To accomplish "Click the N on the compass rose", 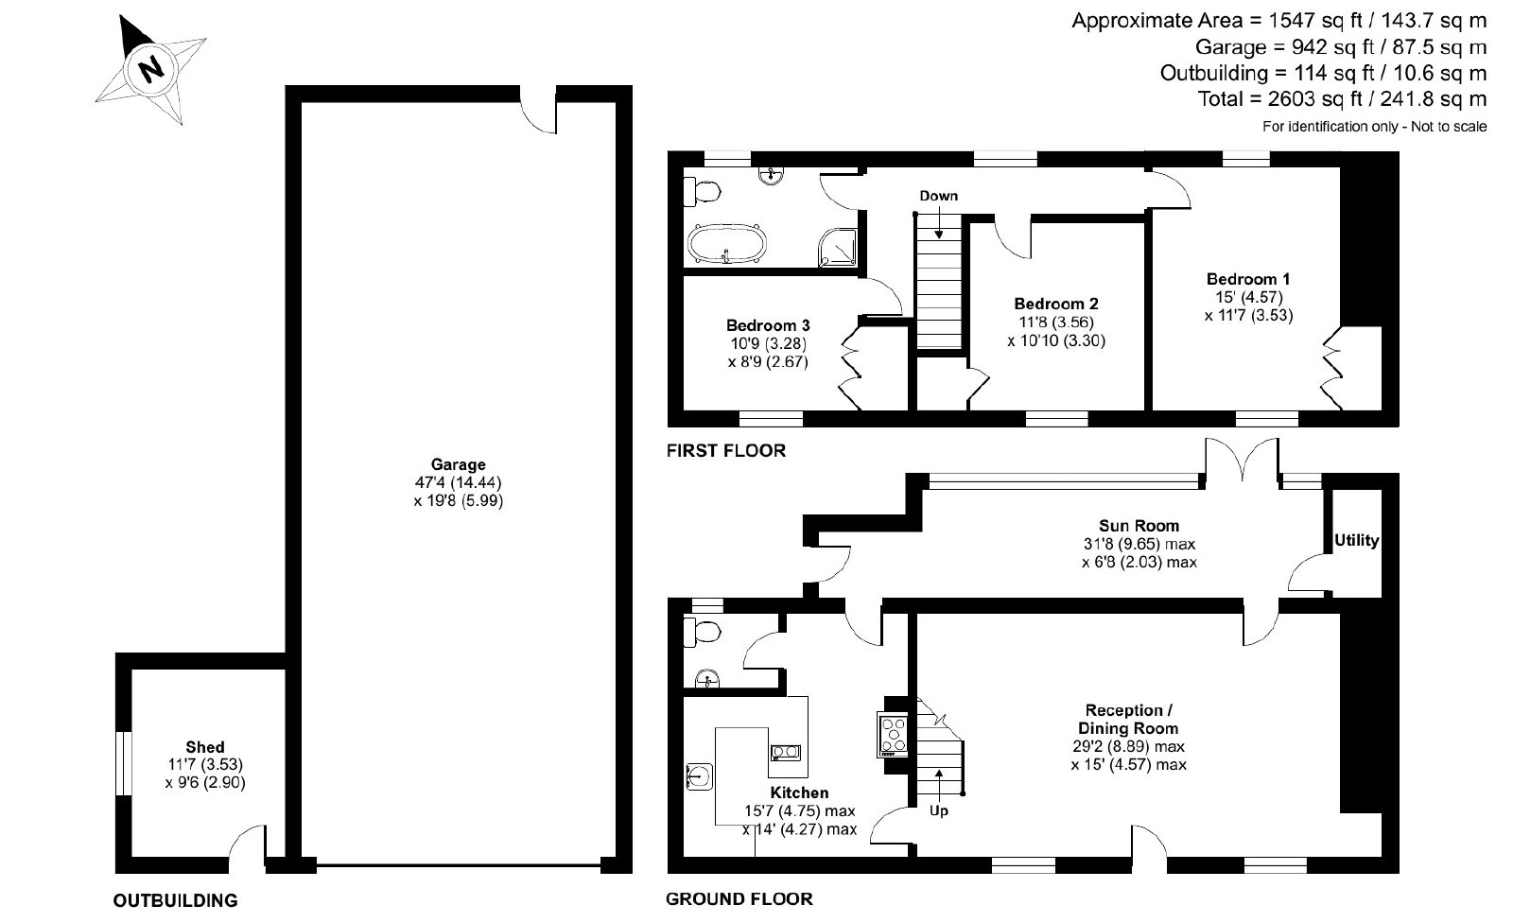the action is (150, 69).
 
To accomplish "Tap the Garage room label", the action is (458, 465).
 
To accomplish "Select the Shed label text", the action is (204, 747).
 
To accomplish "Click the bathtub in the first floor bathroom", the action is (727, 243).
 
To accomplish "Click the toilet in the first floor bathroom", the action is (702, 192).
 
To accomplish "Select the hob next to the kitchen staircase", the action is (894, 735).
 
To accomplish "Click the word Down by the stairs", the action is (938, 196).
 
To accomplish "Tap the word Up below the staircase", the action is (939, 810).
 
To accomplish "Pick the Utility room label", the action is (1356, 541).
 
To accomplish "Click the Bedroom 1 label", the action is (1248, 279).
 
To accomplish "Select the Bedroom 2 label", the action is (1056, 305).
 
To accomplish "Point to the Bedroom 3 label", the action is (768, 325).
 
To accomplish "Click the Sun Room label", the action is (1139, 526).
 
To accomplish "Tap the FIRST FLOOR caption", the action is (726, 451).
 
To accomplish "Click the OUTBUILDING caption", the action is (176, 900).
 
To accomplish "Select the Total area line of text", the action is (1342, 99).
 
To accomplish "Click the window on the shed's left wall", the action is (123, 763).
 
